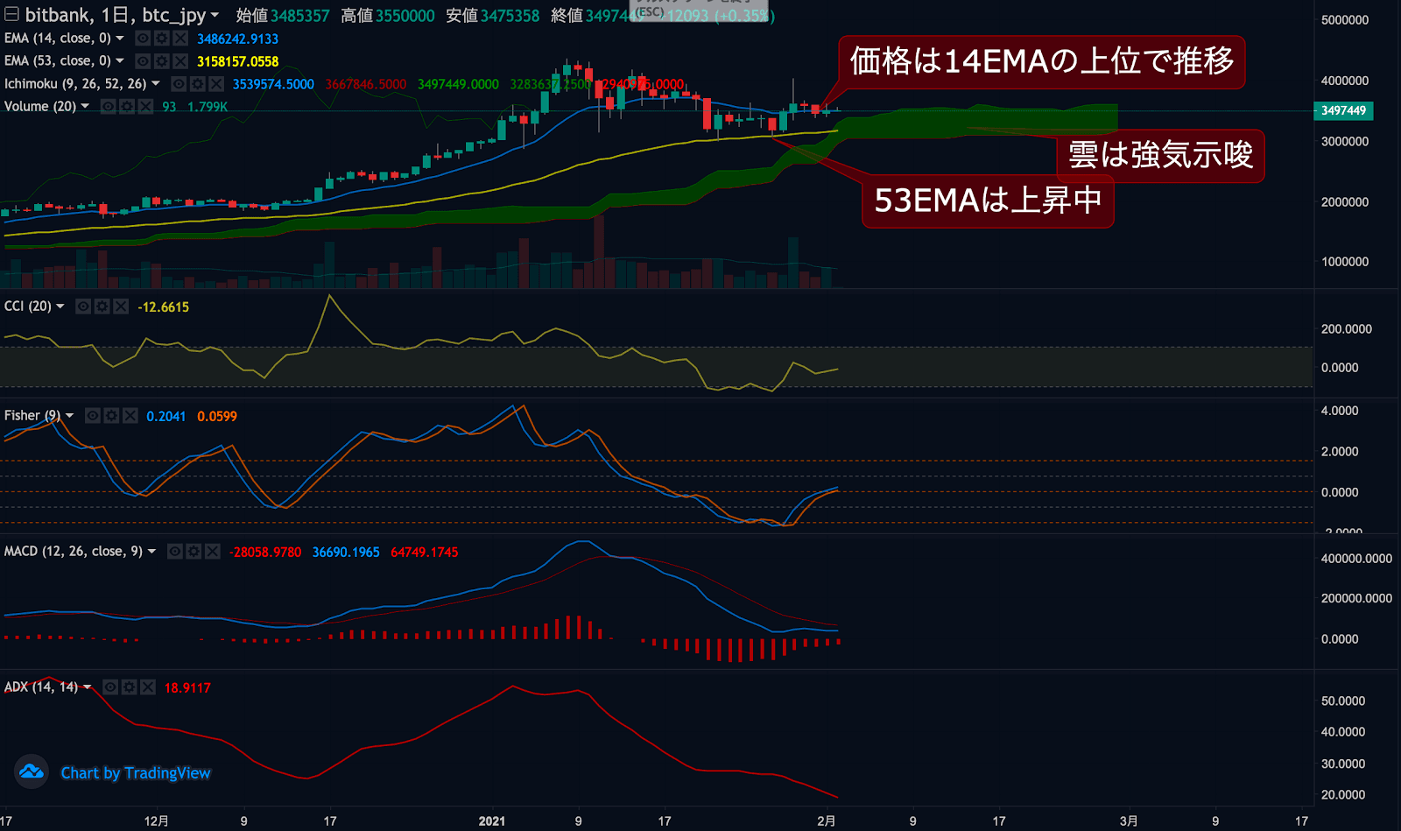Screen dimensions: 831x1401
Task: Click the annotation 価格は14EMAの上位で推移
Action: tap(1041, 61)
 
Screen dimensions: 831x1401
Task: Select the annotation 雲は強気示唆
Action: tap(1161, 155)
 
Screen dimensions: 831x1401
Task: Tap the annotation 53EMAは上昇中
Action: tap(988, 201)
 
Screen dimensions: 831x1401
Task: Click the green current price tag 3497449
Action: tap(1343, 110)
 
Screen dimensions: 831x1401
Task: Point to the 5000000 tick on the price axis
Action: tap(1344, 20)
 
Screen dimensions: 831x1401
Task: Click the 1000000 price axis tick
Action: tap(1344, 262)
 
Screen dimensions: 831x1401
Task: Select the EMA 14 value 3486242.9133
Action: tap(237, 39)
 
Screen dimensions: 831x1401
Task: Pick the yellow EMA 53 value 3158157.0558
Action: tap(237, 61)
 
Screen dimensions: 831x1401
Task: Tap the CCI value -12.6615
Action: tap(163, 307)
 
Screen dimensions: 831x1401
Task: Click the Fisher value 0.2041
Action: tap(165, 417)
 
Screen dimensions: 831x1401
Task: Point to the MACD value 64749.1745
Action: tap(424, 553)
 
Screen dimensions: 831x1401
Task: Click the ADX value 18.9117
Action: tap(187, 688)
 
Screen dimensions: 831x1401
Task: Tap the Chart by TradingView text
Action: tap(136, 773)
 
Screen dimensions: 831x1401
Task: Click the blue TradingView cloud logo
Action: tap(32, 771)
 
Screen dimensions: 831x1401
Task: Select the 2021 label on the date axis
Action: tap(492, 820)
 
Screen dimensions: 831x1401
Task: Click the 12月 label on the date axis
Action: tap(156, 820)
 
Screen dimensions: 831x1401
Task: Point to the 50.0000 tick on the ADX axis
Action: tap(1342, 701)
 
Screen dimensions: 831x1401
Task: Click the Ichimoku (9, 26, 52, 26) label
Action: tap(75, 84)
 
